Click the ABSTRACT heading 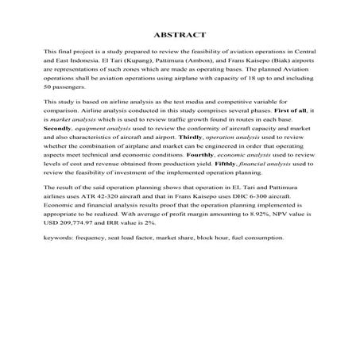point(180,35)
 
